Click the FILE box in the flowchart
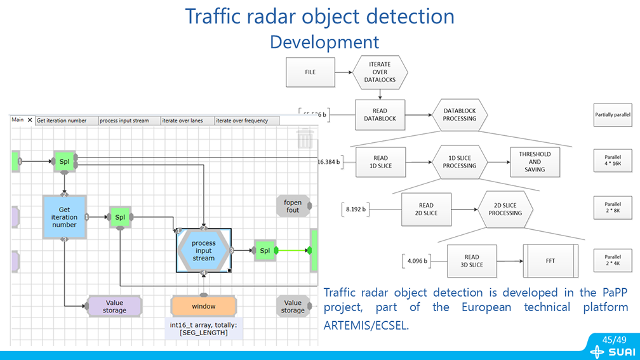pyautogui.click(x=310, y=72)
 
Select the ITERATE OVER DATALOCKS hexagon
pyautogui.click(x=380, y=72)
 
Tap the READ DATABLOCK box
pyautogui.click(x=380, y=115)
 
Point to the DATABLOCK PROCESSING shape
pyautogui.click(x=459, y=115)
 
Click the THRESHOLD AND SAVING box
pyautogui.click(x=535, y=162)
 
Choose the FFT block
pyautogui.click(x=550, y=260)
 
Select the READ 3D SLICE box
pyautogui.click(x=472, y=260)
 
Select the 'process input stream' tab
pyautogui.click(x=124, y=121)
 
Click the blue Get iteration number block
pyautogui.click(x=64, y=217)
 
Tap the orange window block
pyautogui.click(x=203, y=306)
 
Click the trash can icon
pyautogui.click(x=305, y=139)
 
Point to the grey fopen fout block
pyautogui.click(x=293, y=206)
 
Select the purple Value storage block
pyautogui.click(x=114, y=306)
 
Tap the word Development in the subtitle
pyautogui.click(x=324, y=42)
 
